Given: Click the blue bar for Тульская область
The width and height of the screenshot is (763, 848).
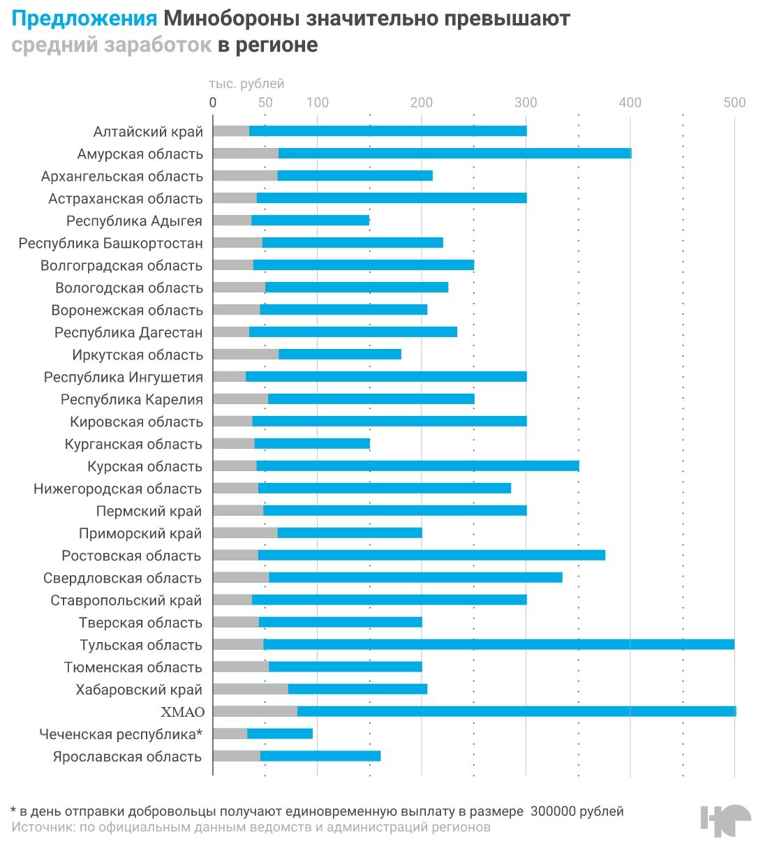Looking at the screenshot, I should pos(498,644).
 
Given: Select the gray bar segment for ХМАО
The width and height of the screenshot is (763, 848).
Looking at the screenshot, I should pos(255,711).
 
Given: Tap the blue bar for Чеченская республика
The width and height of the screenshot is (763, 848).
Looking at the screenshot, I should pos(280,734).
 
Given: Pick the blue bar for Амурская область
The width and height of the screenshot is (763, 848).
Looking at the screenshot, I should pos(454,154).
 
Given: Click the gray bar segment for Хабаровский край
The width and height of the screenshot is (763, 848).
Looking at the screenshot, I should pos(251,689).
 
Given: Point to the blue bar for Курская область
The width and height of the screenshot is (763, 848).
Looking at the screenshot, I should pos(417,466).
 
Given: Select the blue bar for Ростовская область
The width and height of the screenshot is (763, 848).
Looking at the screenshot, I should pos(431,555).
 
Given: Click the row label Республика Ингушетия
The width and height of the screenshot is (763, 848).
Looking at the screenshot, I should pos(123,378).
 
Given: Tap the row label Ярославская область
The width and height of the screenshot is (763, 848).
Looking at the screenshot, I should pos(127,757).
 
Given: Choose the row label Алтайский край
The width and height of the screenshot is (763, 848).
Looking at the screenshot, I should pos(148,132).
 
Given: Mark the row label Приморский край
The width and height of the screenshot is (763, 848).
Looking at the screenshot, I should pos(140,534).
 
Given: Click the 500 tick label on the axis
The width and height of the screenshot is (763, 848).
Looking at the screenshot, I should pos(734,103).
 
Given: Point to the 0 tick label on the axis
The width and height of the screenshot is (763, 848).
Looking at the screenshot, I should pos(213,103).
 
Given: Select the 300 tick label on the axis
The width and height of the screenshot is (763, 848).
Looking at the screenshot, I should pos(526,103).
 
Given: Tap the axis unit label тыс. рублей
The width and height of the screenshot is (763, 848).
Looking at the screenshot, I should pos(246,84).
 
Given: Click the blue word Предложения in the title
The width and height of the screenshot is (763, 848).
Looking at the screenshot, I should pos(84,19).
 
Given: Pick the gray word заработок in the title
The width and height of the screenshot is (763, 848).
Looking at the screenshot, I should pos(158,45).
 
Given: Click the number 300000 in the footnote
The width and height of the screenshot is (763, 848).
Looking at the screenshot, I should pos(558,811).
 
